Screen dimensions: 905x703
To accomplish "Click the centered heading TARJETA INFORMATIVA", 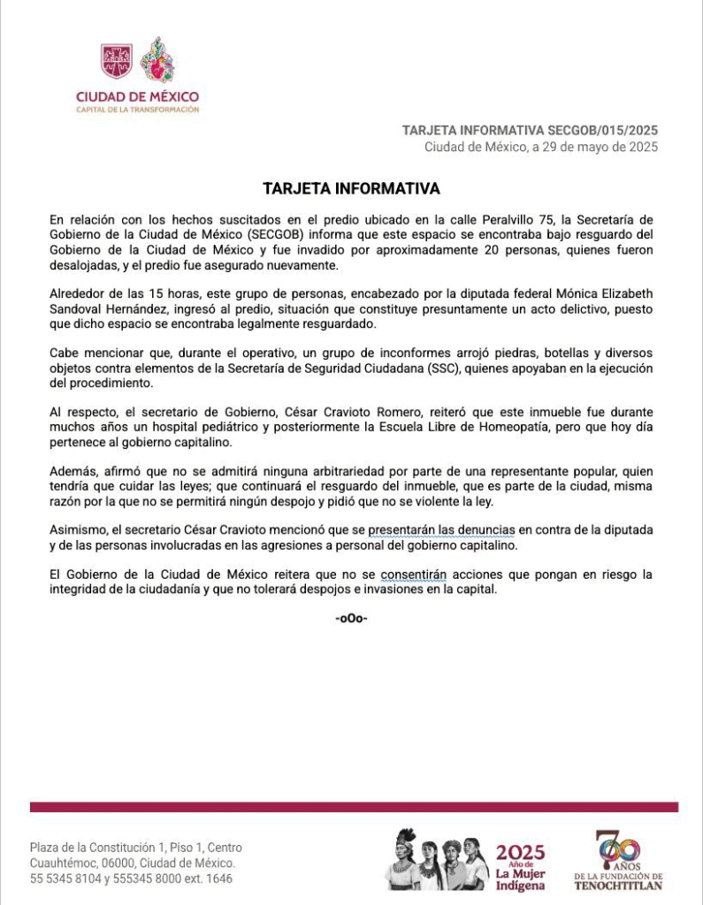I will (351, 188).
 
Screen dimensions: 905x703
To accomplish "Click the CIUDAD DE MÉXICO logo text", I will (137, 96).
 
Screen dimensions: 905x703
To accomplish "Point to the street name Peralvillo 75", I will (541, 218).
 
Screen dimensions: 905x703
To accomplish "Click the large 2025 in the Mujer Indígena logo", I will (520, 853).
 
